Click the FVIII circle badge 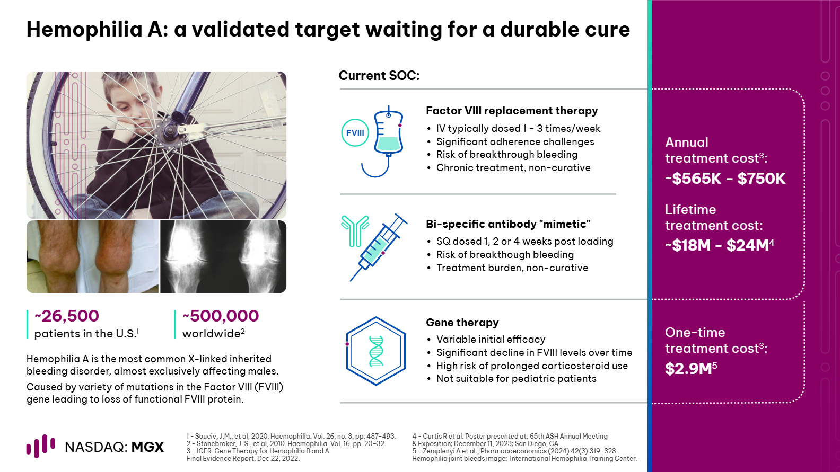[355, 132]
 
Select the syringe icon [378, 247]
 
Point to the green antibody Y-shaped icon [355, 231]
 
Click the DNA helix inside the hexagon [376, 351]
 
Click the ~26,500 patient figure [67, 316]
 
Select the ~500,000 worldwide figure [221, 316]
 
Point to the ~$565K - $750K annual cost [725, 179]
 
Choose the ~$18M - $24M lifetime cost [719, 245]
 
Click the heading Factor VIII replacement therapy [512, 111]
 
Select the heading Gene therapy [462, 323]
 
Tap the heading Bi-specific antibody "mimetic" [508, 224]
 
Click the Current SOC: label [379, 75]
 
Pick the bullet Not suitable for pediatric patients [517, 379]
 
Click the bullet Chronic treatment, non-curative [513, 168]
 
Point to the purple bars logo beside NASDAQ [40, 446]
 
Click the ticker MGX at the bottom [148, 447]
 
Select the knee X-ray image [223, 256]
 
